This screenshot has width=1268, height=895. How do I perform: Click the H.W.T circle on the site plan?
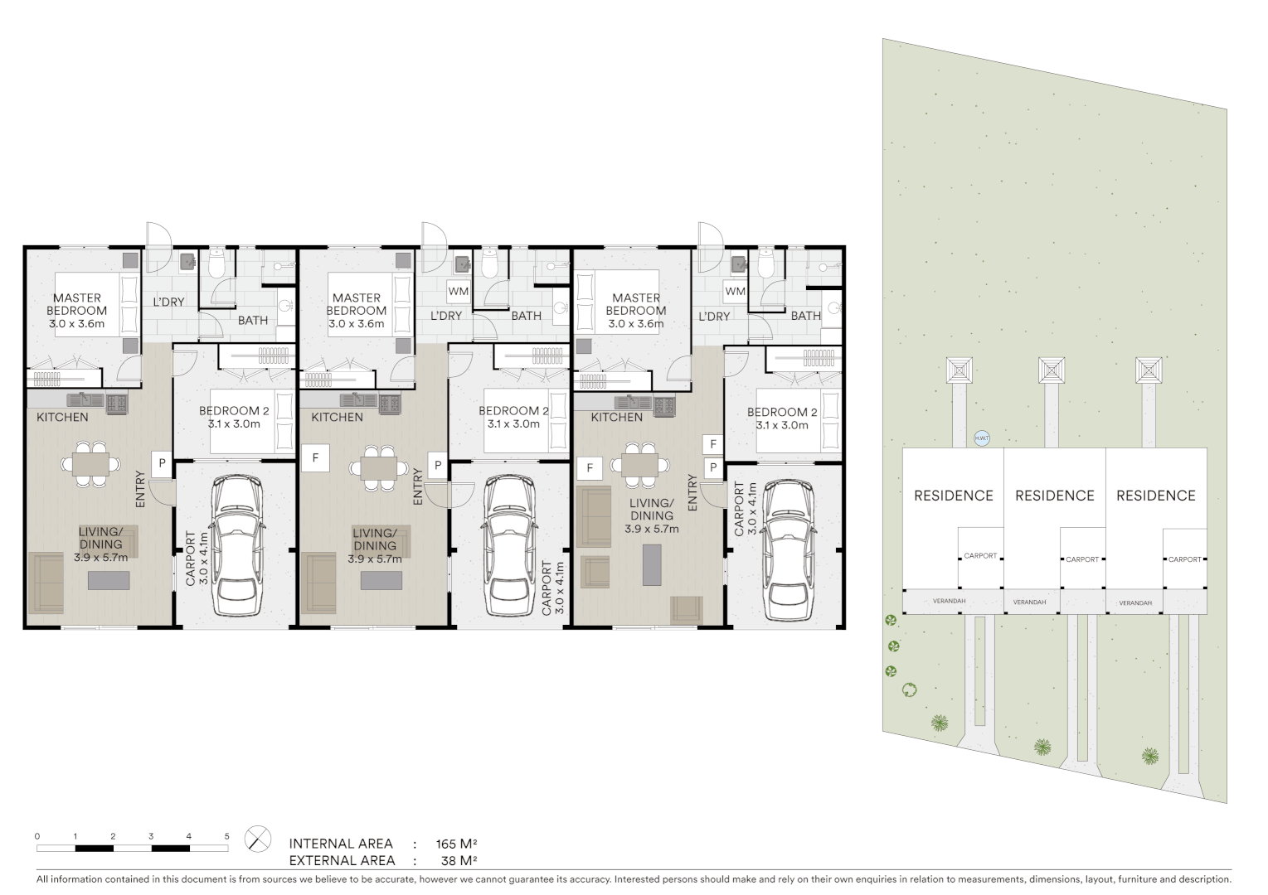[982, 439]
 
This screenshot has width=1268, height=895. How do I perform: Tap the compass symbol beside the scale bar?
[258, 839]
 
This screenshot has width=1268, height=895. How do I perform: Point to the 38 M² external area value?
[460, 860]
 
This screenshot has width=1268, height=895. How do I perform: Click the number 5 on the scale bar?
[226, 836]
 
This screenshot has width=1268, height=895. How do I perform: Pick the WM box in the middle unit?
[458, 292]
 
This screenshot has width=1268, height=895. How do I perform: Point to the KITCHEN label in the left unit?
[62, 417]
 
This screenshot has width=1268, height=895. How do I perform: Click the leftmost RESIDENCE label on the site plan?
[953, 496]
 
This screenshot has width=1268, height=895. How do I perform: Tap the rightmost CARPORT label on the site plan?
[1184, 559]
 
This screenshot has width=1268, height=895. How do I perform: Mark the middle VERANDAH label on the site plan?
[1029, 602]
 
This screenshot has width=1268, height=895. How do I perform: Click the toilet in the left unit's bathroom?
[217, 264]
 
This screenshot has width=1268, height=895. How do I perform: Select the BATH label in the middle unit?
[526, 316]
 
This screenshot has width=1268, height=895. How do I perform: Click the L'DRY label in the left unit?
[168, 302]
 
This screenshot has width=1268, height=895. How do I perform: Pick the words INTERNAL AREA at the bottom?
[341, 844]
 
